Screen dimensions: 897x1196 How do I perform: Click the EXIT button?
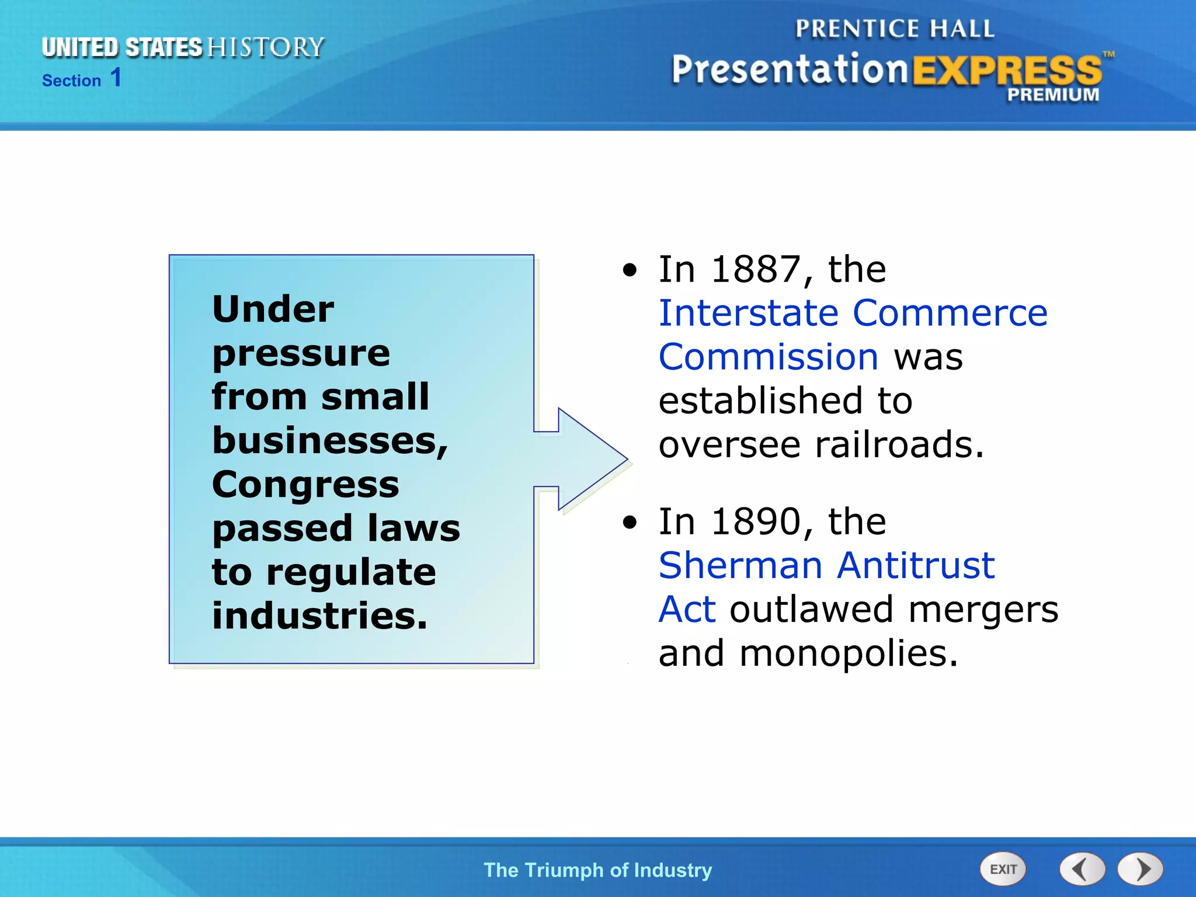point(1003,869)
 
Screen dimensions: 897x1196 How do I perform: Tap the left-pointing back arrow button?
point(1082,869)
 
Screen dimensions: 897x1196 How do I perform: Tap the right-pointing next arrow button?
point(1141,869)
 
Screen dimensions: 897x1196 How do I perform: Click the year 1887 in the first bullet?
point(756,270)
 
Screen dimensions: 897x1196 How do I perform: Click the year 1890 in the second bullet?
point(756,521)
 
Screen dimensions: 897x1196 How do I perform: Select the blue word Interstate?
point(749,314)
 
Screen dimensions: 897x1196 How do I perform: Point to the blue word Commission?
point(768,357)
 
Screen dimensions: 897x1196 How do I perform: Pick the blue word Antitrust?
point(916,566)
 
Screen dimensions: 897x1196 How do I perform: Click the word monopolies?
point(848,654)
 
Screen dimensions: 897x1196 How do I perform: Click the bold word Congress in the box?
point(305,485)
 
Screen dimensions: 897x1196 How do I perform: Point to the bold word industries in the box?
point(319,616)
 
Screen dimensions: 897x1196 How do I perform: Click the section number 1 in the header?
point(116,78)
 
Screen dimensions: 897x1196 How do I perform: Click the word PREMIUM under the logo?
point(1052,95)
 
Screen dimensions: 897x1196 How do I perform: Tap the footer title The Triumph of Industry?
point(597,870)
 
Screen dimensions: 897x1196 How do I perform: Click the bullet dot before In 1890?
point(630,522)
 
